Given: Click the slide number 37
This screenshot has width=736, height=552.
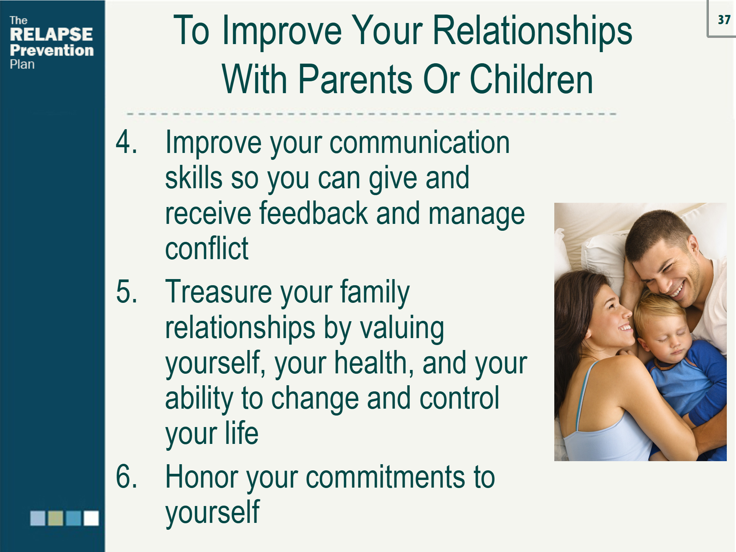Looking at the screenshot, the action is [x=724, y=20].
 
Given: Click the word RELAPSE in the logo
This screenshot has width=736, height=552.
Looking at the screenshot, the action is [x=51, y=34].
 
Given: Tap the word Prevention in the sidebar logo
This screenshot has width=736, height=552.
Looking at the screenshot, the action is [x=52, y=50].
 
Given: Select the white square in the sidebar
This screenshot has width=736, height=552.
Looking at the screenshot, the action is [x=91, y=518].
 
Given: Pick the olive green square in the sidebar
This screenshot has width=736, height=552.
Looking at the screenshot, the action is [x=56, y=518].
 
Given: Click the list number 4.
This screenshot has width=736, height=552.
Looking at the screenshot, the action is [x=126, y=142].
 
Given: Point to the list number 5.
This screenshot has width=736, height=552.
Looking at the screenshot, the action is [x=126, y=292].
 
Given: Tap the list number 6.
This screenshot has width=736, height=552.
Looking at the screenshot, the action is [x=126, y=476].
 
